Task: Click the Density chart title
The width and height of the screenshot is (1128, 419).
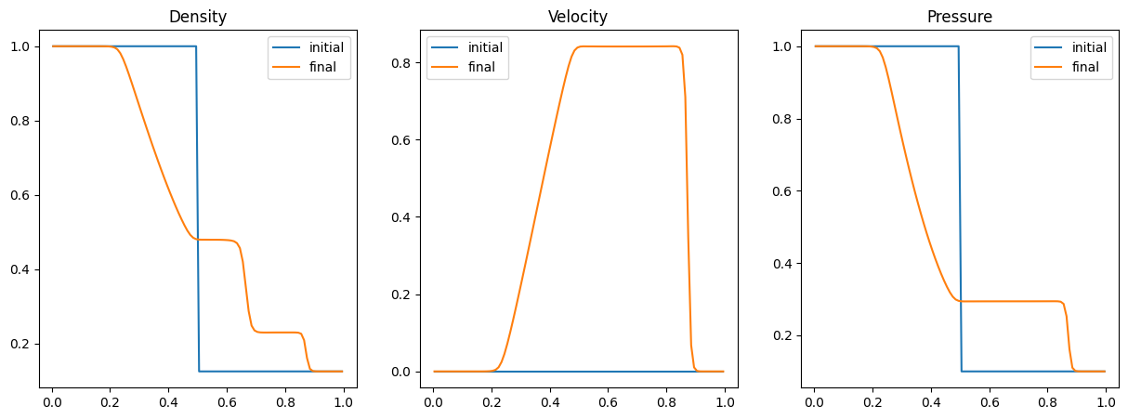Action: point(198,17)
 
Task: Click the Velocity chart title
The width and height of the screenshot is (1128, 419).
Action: point(578,17)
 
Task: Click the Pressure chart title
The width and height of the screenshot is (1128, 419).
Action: point(959,17)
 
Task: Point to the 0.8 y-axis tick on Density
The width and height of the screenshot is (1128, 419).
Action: point(20,121)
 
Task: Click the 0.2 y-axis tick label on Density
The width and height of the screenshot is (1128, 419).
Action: point(20,344)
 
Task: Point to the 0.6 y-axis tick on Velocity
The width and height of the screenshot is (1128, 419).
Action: point(400,140)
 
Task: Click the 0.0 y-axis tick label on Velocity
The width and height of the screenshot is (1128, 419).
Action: point(400,372)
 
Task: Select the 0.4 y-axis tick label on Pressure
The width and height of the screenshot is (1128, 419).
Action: point(782,264)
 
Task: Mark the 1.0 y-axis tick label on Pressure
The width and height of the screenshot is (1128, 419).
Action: point(782,46)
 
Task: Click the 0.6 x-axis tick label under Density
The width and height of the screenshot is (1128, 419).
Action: point(227,402)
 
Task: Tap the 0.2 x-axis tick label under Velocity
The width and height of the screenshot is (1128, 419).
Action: point(492,402)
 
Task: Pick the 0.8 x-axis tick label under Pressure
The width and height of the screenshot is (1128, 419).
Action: point(1047,402)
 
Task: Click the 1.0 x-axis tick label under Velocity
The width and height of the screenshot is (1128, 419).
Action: point(725,402)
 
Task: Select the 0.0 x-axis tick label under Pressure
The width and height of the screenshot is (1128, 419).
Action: point(814,402)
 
